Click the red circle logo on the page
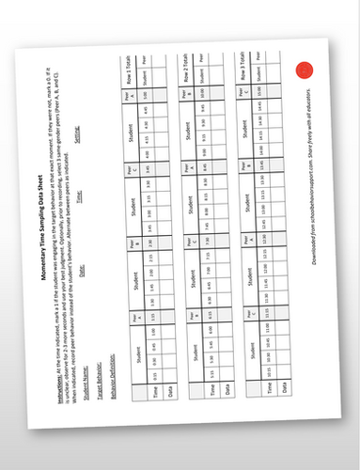(303, 70)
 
